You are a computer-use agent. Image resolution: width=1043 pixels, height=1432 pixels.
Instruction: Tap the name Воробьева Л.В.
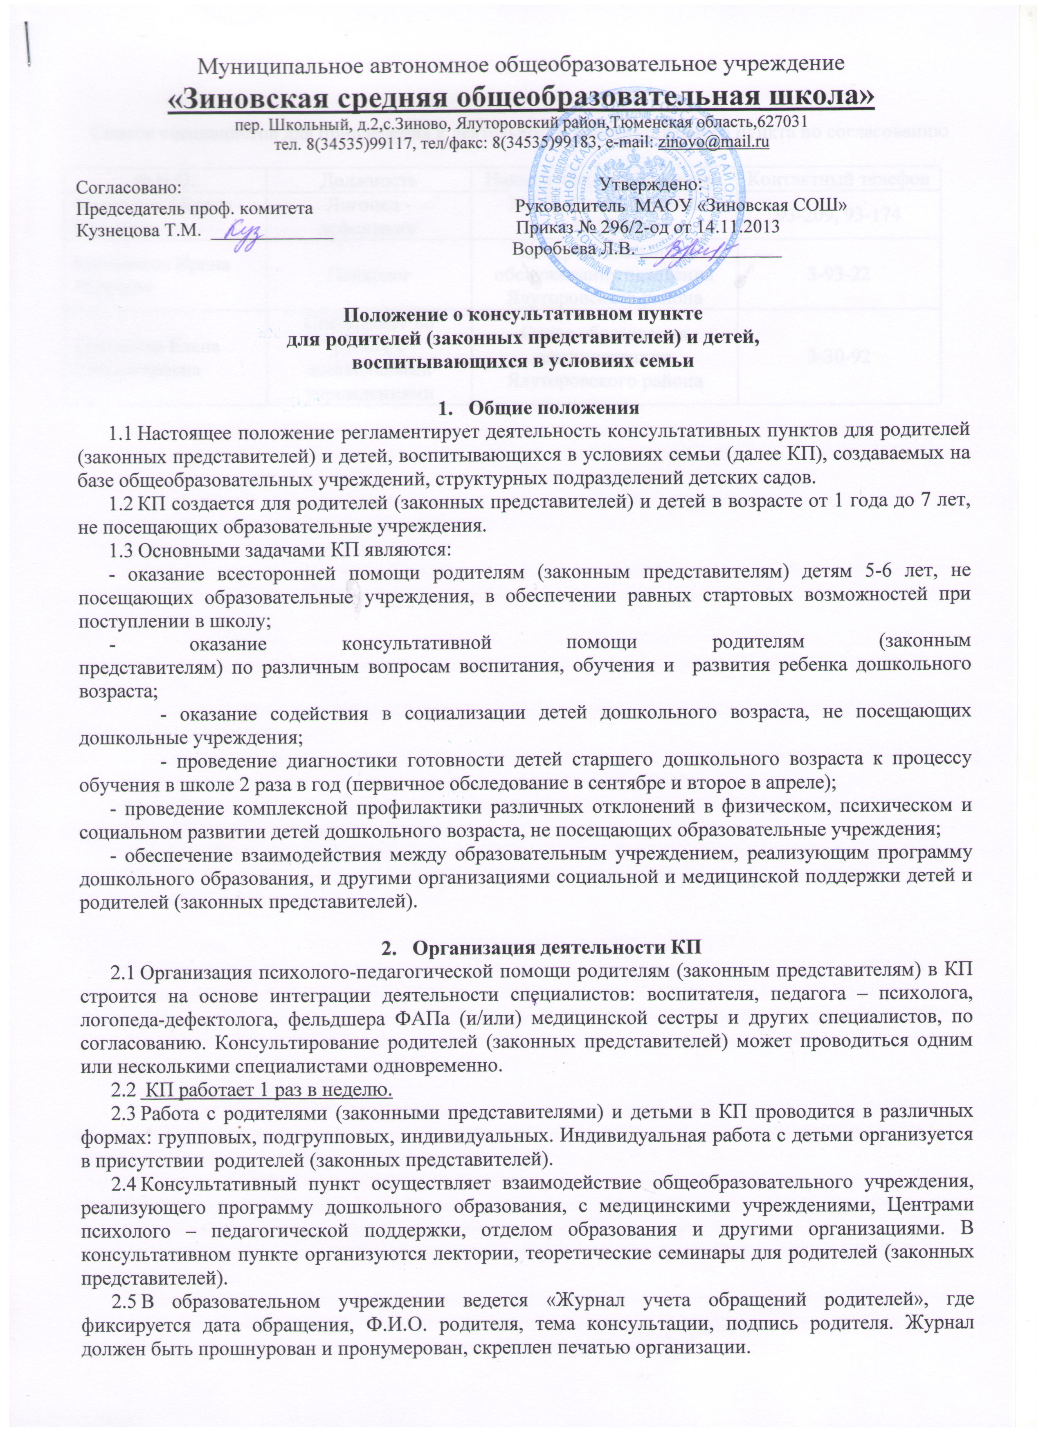[571, 249]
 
